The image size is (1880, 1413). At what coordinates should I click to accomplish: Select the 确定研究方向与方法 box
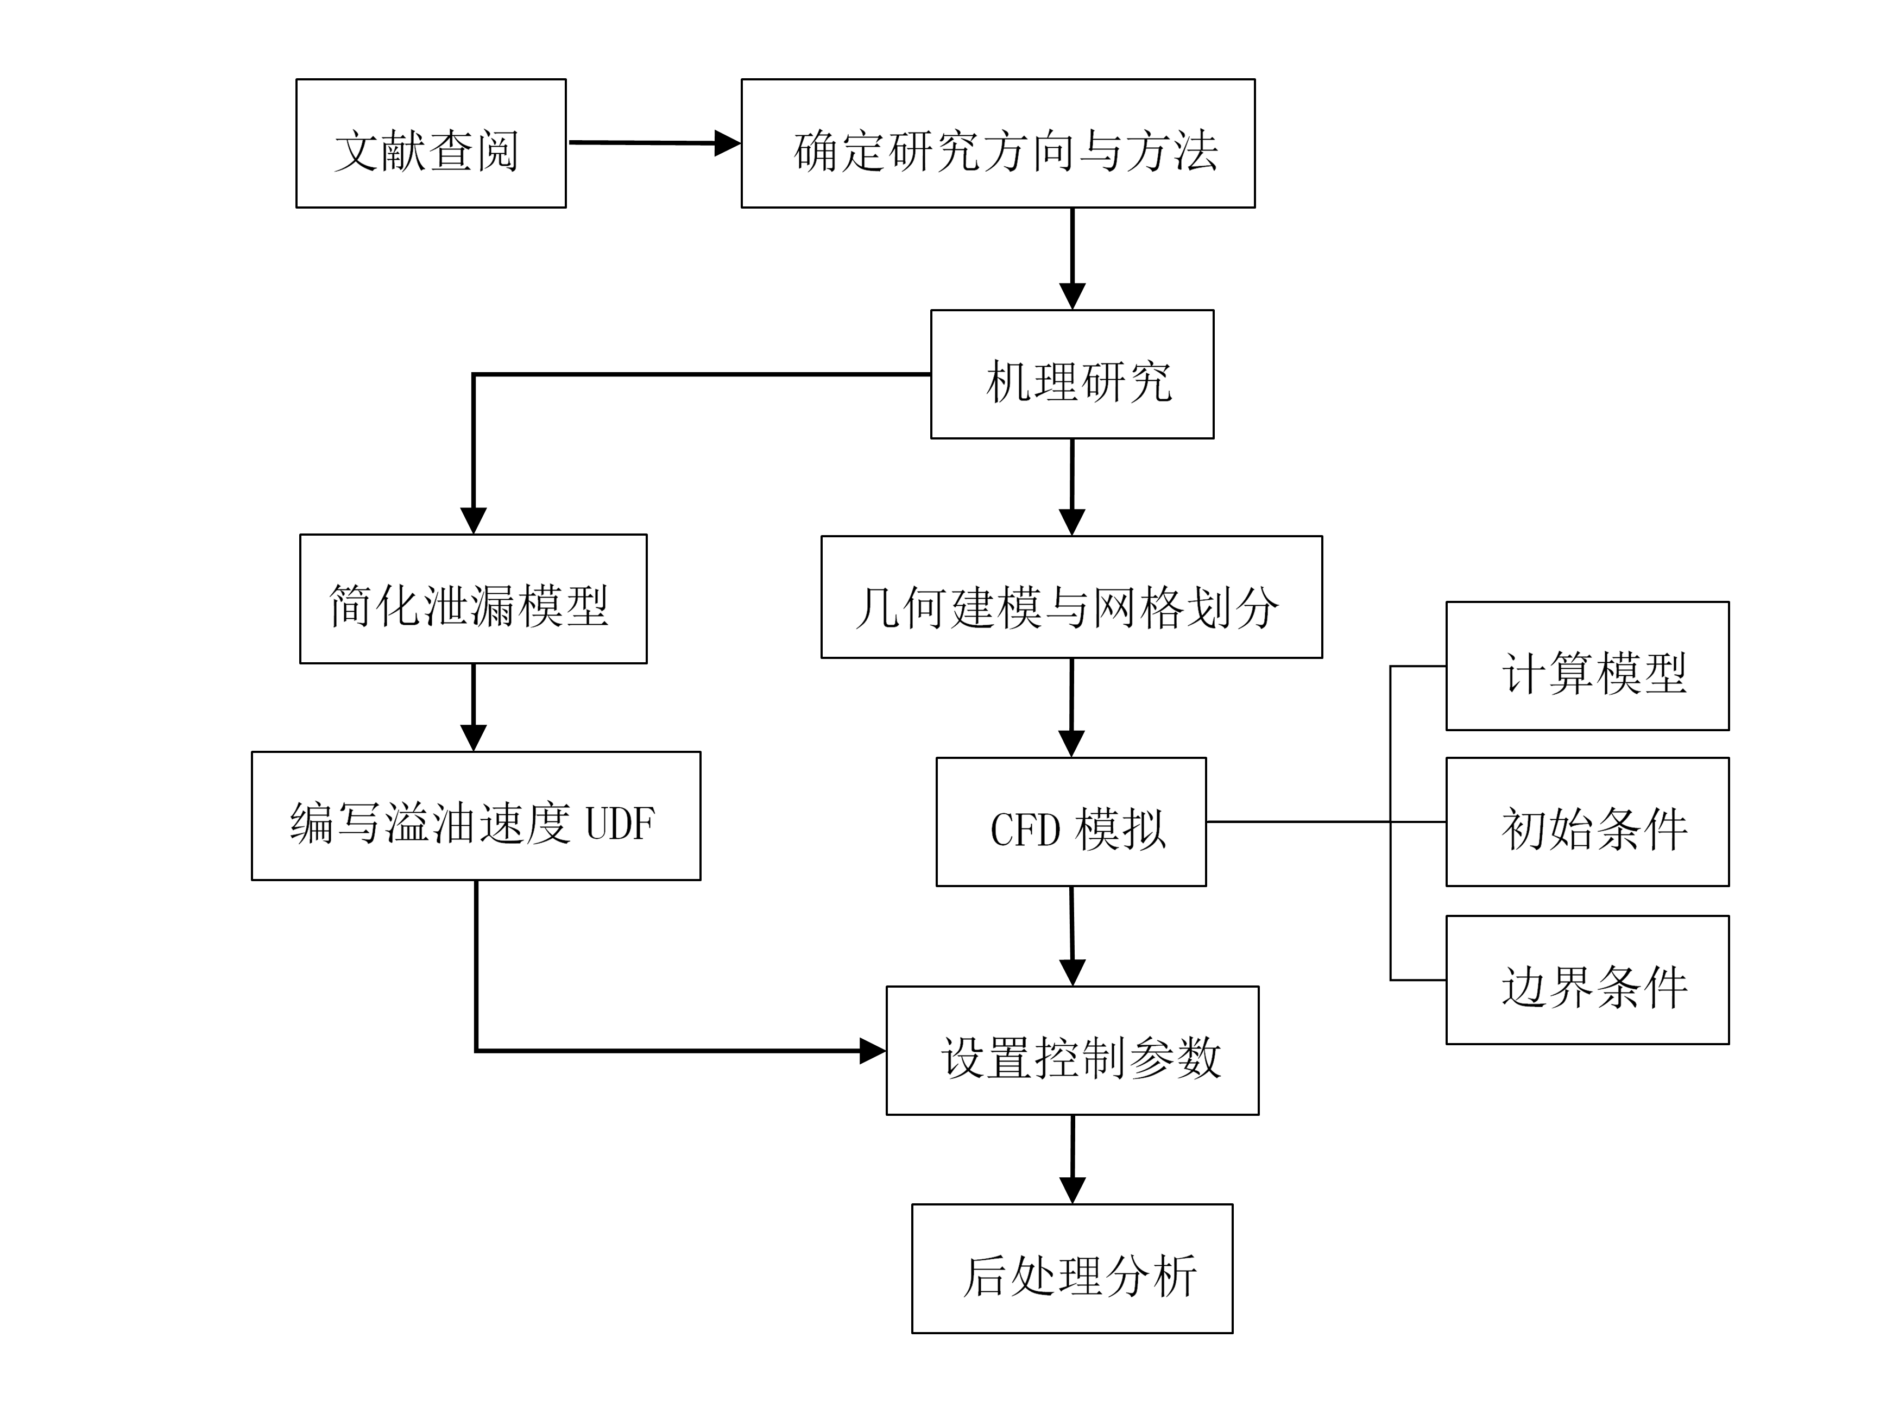[998, 143]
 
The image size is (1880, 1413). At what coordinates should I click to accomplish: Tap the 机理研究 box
[1072, 374]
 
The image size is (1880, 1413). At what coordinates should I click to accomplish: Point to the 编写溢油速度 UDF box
[476, 815]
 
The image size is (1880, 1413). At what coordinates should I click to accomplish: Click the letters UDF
[621, 824]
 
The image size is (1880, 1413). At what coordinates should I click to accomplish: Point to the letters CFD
[1025, 830]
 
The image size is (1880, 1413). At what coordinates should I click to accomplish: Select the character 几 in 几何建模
[877, 608]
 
